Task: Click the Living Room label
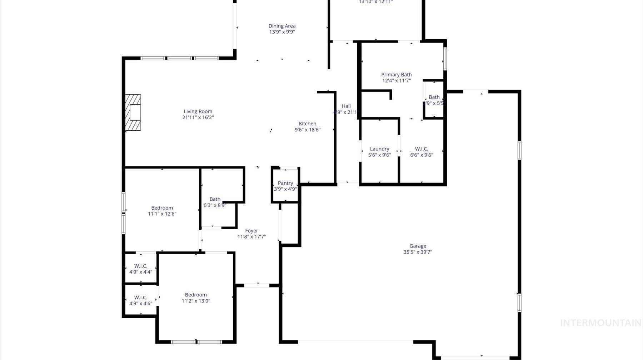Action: [x=198, y=111]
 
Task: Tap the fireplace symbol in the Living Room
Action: [x=133, y=112]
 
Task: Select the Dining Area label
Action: [x=282, y=26]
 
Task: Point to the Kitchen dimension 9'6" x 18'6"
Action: [x=307, y=130]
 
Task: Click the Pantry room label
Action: [x=285, y=183]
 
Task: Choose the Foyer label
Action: [x=251, y=231]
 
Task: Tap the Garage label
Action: [x=418, y=246]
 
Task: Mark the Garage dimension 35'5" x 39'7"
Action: [x=418, y=252]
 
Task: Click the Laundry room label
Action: [x=379, y=149]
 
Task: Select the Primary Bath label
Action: [x=396, y=75]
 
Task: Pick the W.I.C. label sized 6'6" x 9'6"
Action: [x=422, y=149]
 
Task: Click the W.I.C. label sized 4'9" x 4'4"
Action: [x=141, y=266]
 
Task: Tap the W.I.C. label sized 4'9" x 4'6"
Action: [x=141, y=297]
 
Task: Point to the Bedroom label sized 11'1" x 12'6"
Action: [x=162, y=208]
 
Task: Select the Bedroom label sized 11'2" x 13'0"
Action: [x=196, y=295]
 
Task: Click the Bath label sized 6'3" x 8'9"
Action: [x=215, y=199]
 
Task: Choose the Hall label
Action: [x=346, y=106]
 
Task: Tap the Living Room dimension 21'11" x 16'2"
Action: [x=198, y=117]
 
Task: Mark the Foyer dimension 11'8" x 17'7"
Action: [x=251, y=237]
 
